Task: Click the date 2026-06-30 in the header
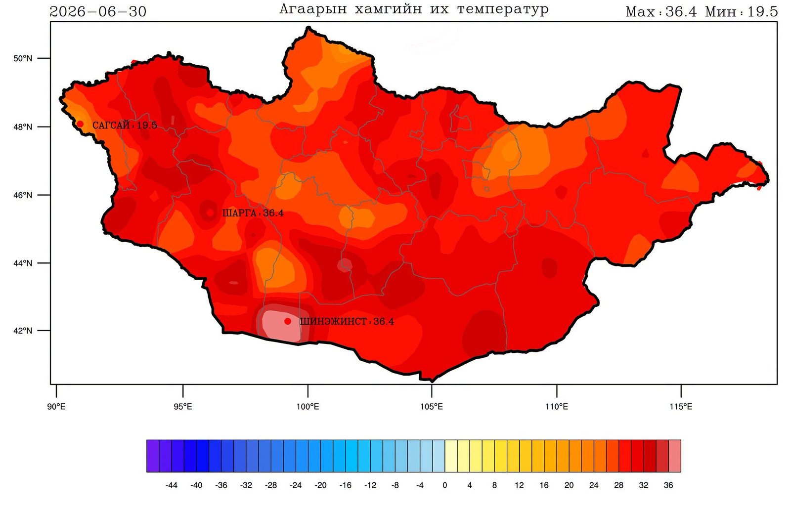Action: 98,12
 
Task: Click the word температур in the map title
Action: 503,9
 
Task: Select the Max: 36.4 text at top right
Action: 661,12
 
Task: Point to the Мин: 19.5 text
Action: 742,12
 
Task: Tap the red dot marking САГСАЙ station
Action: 80,124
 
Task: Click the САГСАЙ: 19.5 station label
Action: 125,126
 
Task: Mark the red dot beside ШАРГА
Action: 210,212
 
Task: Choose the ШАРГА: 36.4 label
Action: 253,213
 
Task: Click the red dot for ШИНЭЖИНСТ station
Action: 288,321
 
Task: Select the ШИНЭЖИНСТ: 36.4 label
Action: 347,322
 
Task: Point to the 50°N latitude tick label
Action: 23,58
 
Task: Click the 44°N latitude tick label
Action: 23,263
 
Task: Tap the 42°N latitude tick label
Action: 23,331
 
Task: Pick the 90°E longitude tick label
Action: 56,407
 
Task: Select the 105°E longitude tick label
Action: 431,407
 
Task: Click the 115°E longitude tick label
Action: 681,407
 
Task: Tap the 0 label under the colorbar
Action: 444,485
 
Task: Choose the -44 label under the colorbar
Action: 171,485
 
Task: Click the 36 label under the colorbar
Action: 668,485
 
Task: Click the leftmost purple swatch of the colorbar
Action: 153,456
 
